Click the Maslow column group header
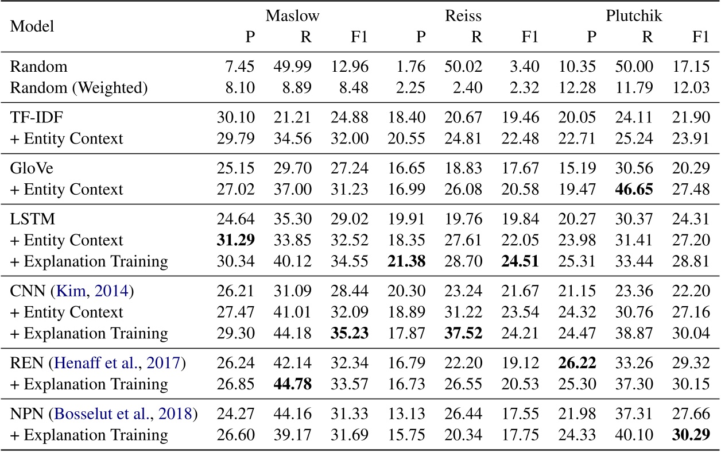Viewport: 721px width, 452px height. click(292, 16)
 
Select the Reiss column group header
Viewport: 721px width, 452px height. click(462, 16)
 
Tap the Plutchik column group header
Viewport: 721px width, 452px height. click(634, 16)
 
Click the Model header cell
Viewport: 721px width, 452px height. click(32, 26)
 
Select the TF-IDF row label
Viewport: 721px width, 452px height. click(33, 117)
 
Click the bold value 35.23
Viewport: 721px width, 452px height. click(349, 333)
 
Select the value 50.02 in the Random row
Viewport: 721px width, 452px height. click(463, 67)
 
